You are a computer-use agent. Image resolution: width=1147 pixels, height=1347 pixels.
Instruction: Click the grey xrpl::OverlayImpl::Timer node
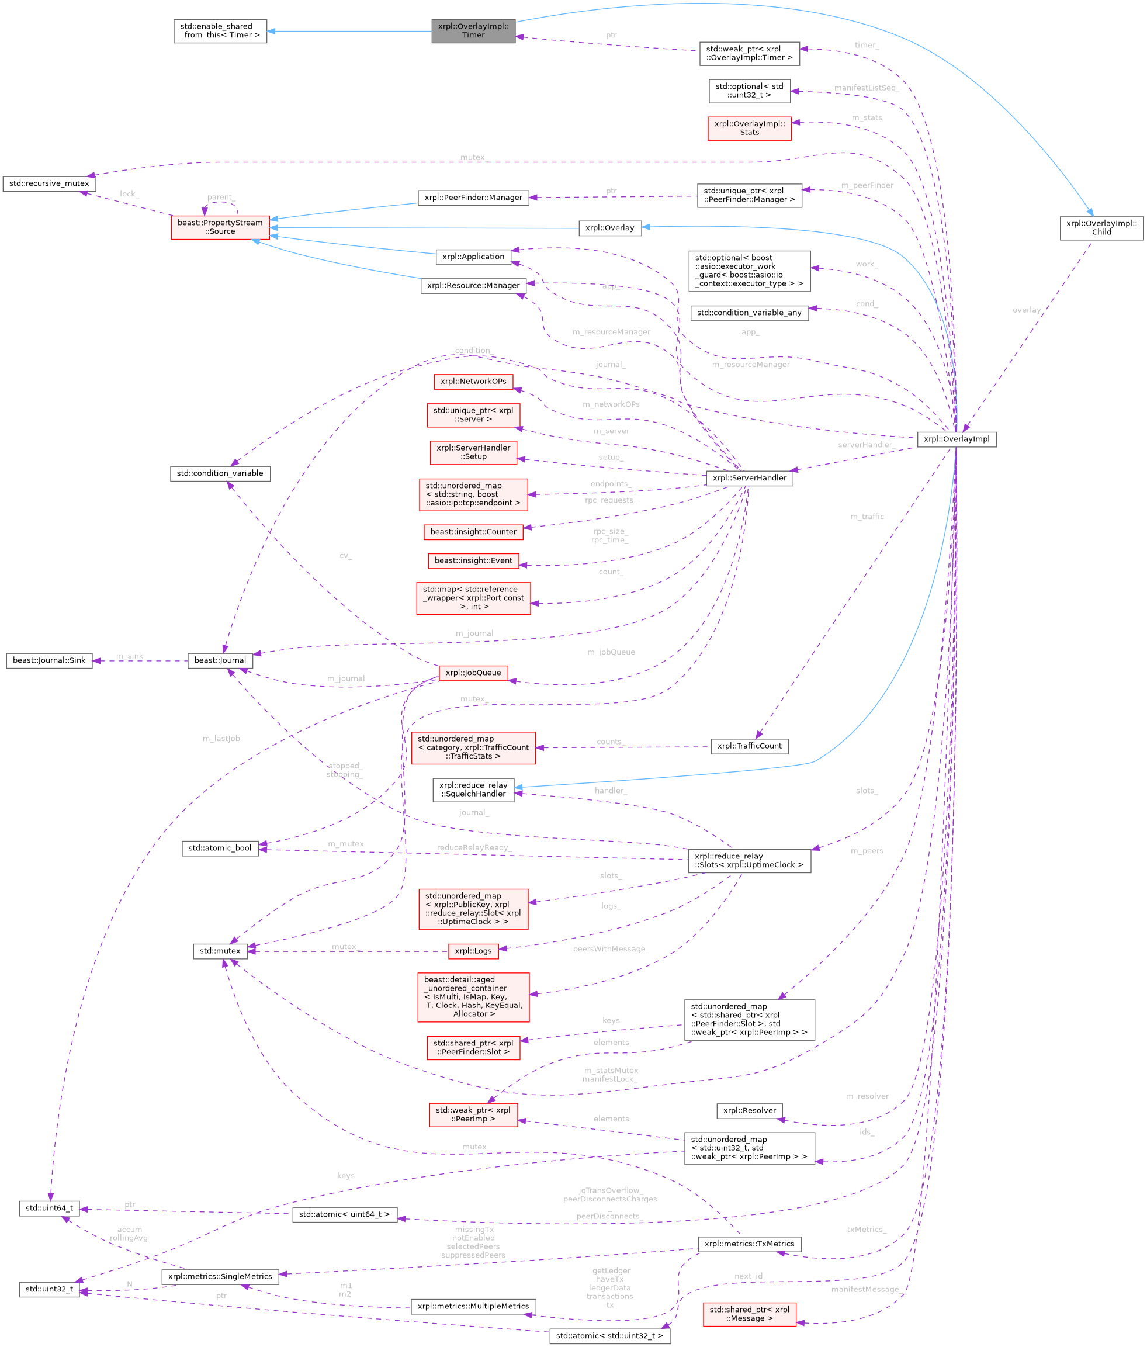tap(473, 30)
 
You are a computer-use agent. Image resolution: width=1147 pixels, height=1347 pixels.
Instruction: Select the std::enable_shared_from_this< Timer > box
tap(220, 30)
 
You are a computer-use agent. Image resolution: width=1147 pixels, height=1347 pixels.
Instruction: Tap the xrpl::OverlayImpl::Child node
tap(1101, 227)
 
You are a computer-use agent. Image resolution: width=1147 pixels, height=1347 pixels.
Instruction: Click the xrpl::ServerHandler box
tap(749, 478)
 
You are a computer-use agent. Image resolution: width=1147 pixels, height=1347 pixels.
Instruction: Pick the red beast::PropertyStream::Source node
tap(220, 227)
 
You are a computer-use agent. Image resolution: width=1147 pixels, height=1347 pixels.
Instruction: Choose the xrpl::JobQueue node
tap(473, 673)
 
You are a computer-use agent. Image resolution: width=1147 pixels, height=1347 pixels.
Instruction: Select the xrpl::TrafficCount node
tap(749, 746)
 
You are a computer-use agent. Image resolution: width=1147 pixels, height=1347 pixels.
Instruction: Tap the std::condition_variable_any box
tap(749, 313)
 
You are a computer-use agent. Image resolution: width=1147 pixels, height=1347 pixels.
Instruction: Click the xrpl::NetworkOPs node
tap(473, 382)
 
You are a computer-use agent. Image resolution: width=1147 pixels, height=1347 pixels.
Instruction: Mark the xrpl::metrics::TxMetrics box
tap(749, 1244)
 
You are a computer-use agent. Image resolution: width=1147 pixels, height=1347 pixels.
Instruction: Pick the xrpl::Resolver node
tap(749, 1110)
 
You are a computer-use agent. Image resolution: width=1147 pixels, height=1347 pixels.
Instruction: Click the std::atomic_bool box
tap(220, 848)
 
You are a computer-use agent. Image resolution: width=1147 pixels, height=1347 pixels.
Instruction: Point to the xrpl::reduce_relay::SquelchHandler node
tap(473, 790)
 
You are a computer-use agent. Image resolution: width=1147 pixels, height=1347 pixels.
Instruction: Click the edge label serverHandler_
tap(865, 445)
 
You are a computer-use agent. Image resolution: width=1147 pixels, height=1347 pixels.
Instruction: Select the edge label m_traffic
tap(867, 517)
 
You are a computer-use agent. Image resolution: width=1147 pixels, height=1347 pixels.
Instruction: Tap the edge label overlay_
tap(1028, 310)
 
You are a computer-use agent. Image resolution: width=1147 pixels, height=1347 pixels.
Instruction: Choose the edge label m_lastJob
tap(221, 739)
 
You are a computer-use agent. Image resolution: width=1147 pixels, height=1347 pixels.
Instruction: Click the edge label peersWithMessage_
tap(611, 949)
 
